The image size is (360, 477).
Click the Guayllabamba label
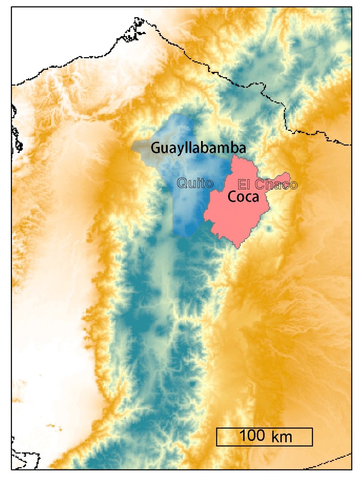click(x=198, y=148)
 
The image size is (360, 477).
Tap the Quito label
click(x=195, y=183)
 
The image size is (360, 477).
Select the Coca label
click(x=243, y=197)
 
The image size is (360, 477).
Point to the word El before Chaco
click(x=244, y=185)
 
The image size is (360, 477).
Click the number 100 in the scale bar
click(x=252, y=436)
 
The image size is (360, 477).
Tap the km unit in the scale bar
click(x=281, y=436)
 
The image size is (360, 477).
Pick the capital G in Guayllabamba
click(x=155, y=148)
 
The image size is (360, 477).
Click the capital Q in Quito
click(x=182, y=183)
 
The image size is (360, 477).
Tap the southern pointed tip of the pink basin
click(x=238, y=247)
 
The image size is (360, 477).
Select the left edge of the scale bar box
click(x=217, y=437)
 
